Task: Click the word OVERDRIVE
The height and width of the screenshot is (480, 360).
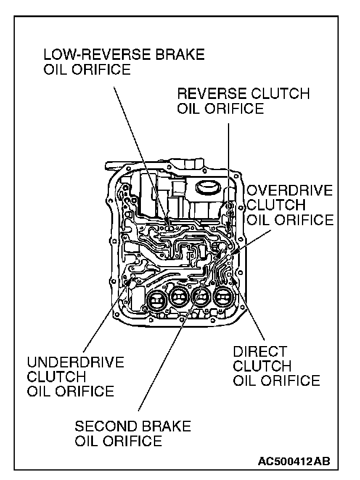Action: click(x=290, y=191)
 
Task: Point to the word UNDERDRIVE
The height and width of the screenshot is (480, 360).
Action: click(x=76, y=362)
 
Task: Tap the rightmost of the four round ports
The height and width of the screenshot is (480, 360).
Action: click(x=223, y=298)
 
